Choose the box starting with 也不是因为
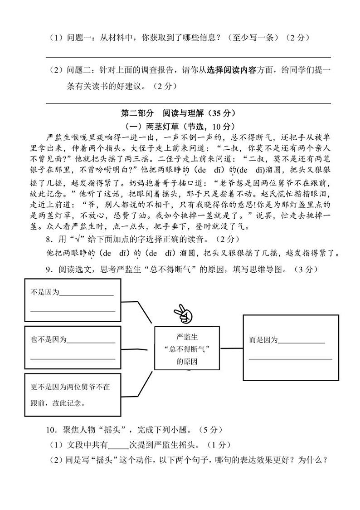click(x=73, y=348)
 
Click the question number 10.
click(x=51, y=429)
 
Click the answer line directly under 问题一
click(x=188, y=57)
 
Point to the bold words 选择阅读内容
click(x=231, y=70)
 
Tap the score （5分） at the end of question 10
click(x=212, y=429)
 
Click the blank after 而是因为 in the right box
click(x=302, y=341)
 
